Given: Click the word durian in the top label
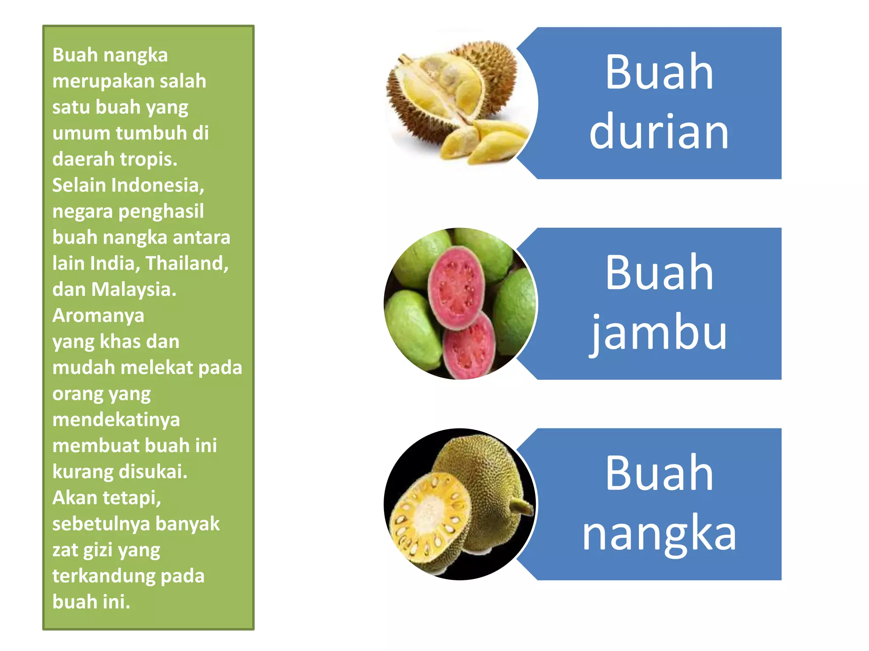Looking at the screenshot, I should click(x=659, y=132).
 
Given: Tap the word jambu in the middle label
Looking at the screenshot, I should click(x=659, y=333).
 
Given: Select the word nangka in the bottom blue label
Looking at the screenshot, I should click(x=659, y=533).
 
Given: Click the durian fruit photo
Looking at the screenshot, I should click(x=456, y=102).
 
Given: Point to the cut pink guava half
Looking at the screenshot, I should click(x=456, y=288).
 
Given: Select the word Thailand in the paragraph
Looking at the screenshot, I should click(x=187, y=263).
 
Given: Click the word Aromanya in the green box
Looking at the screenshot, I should click(x=98, y=315).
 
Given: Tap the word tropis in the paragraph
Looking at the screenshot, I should click(x=149, y=159).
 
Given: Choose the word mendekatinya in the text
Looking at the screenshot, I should click(x=116, y=420).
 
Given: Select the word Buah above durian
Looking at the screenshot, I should click(x=659, y=72).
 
